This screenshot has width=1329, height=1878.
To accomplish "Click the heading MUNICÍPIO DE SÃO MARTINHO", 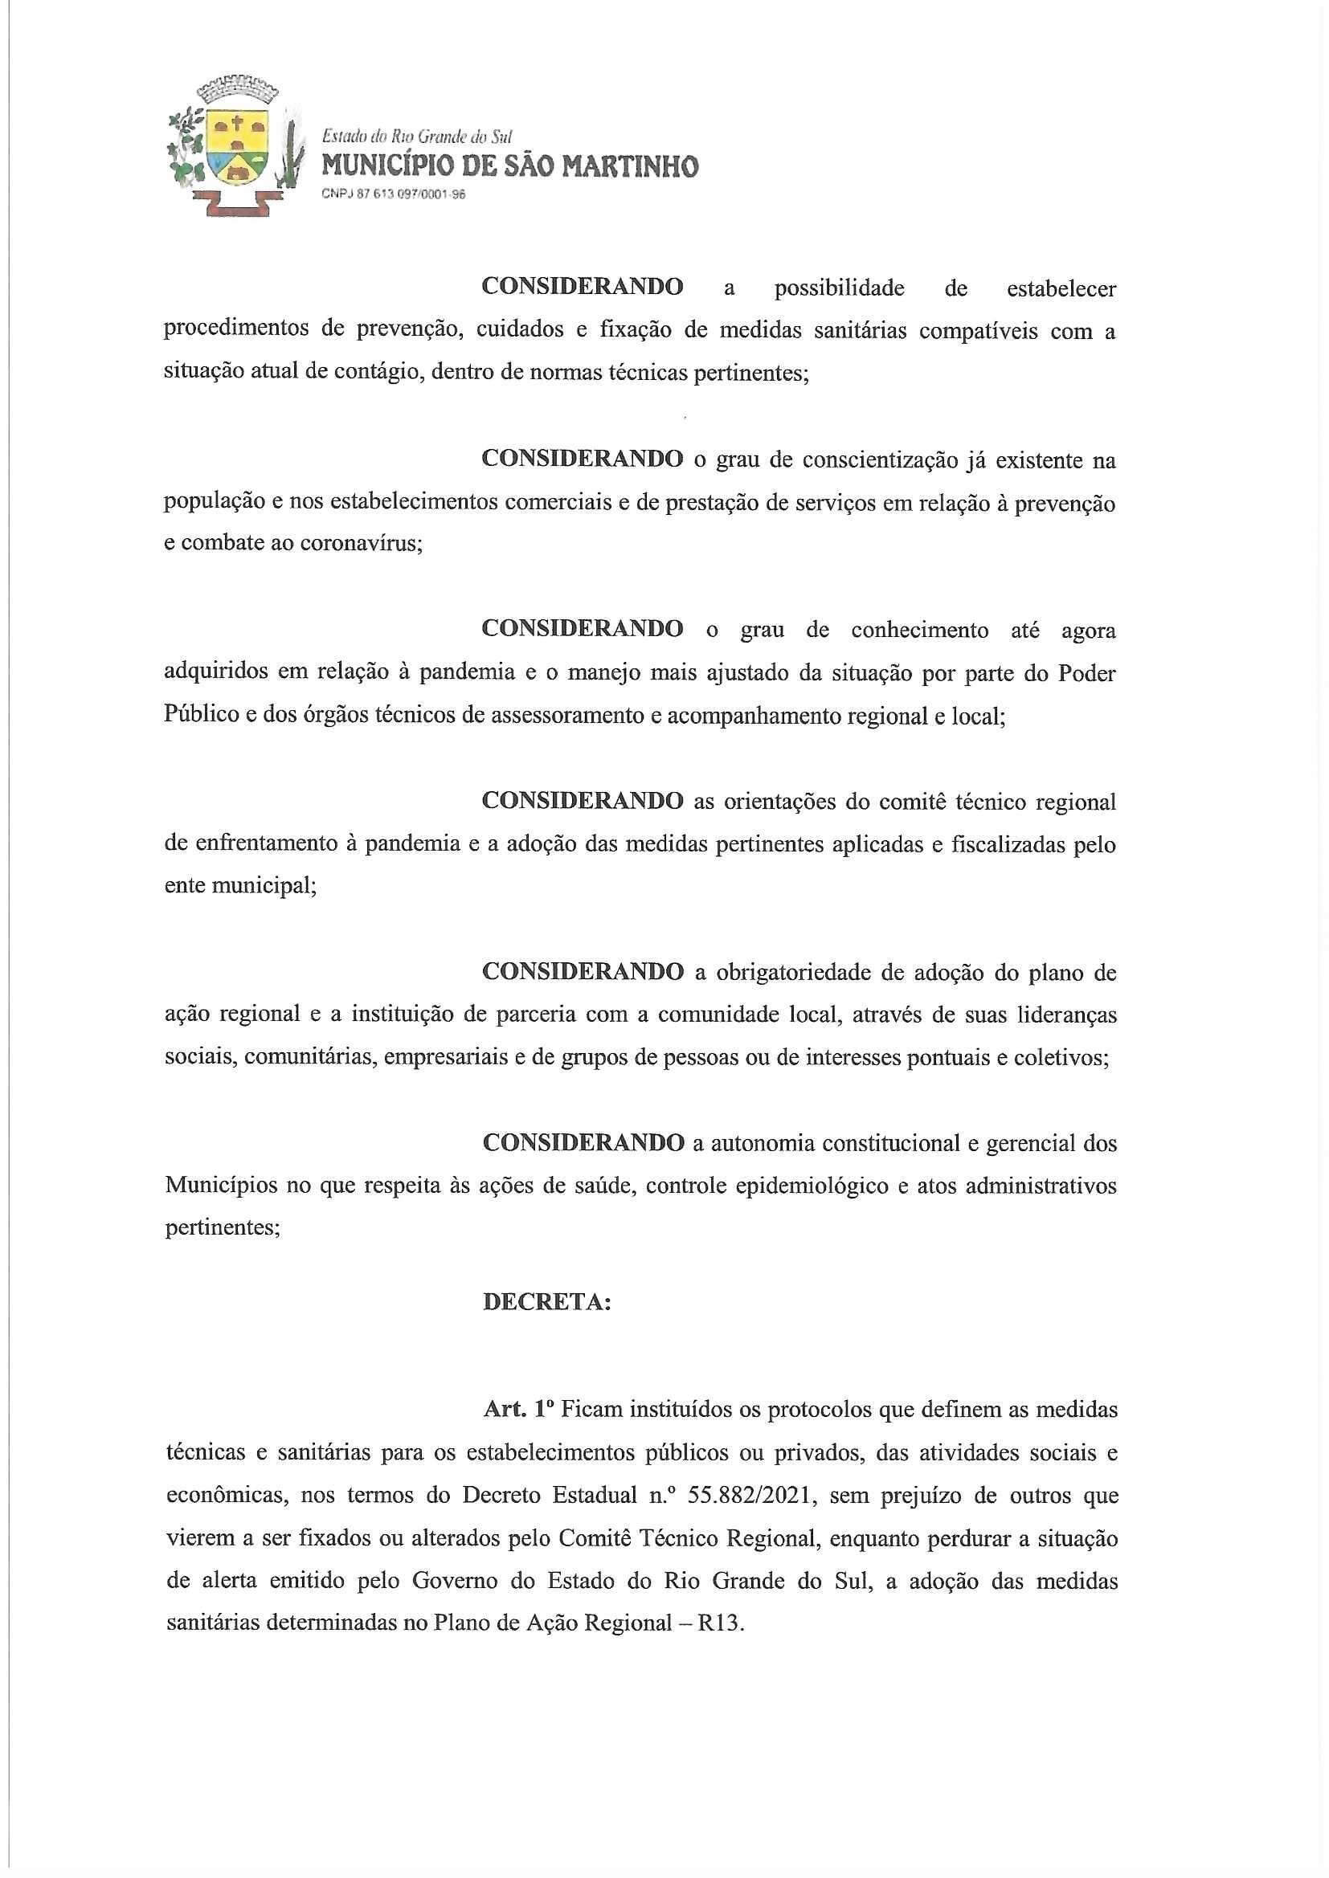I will [x=510, y=167].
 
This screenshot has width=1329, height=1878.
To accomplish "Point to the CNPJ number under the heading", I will [x=394, y=194].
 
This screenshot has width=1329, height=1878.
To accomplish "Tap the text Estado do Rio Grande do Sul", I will [x=416, y=137].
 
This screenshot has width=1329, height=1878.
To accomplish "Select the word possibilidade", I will [x=839, y=288].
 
